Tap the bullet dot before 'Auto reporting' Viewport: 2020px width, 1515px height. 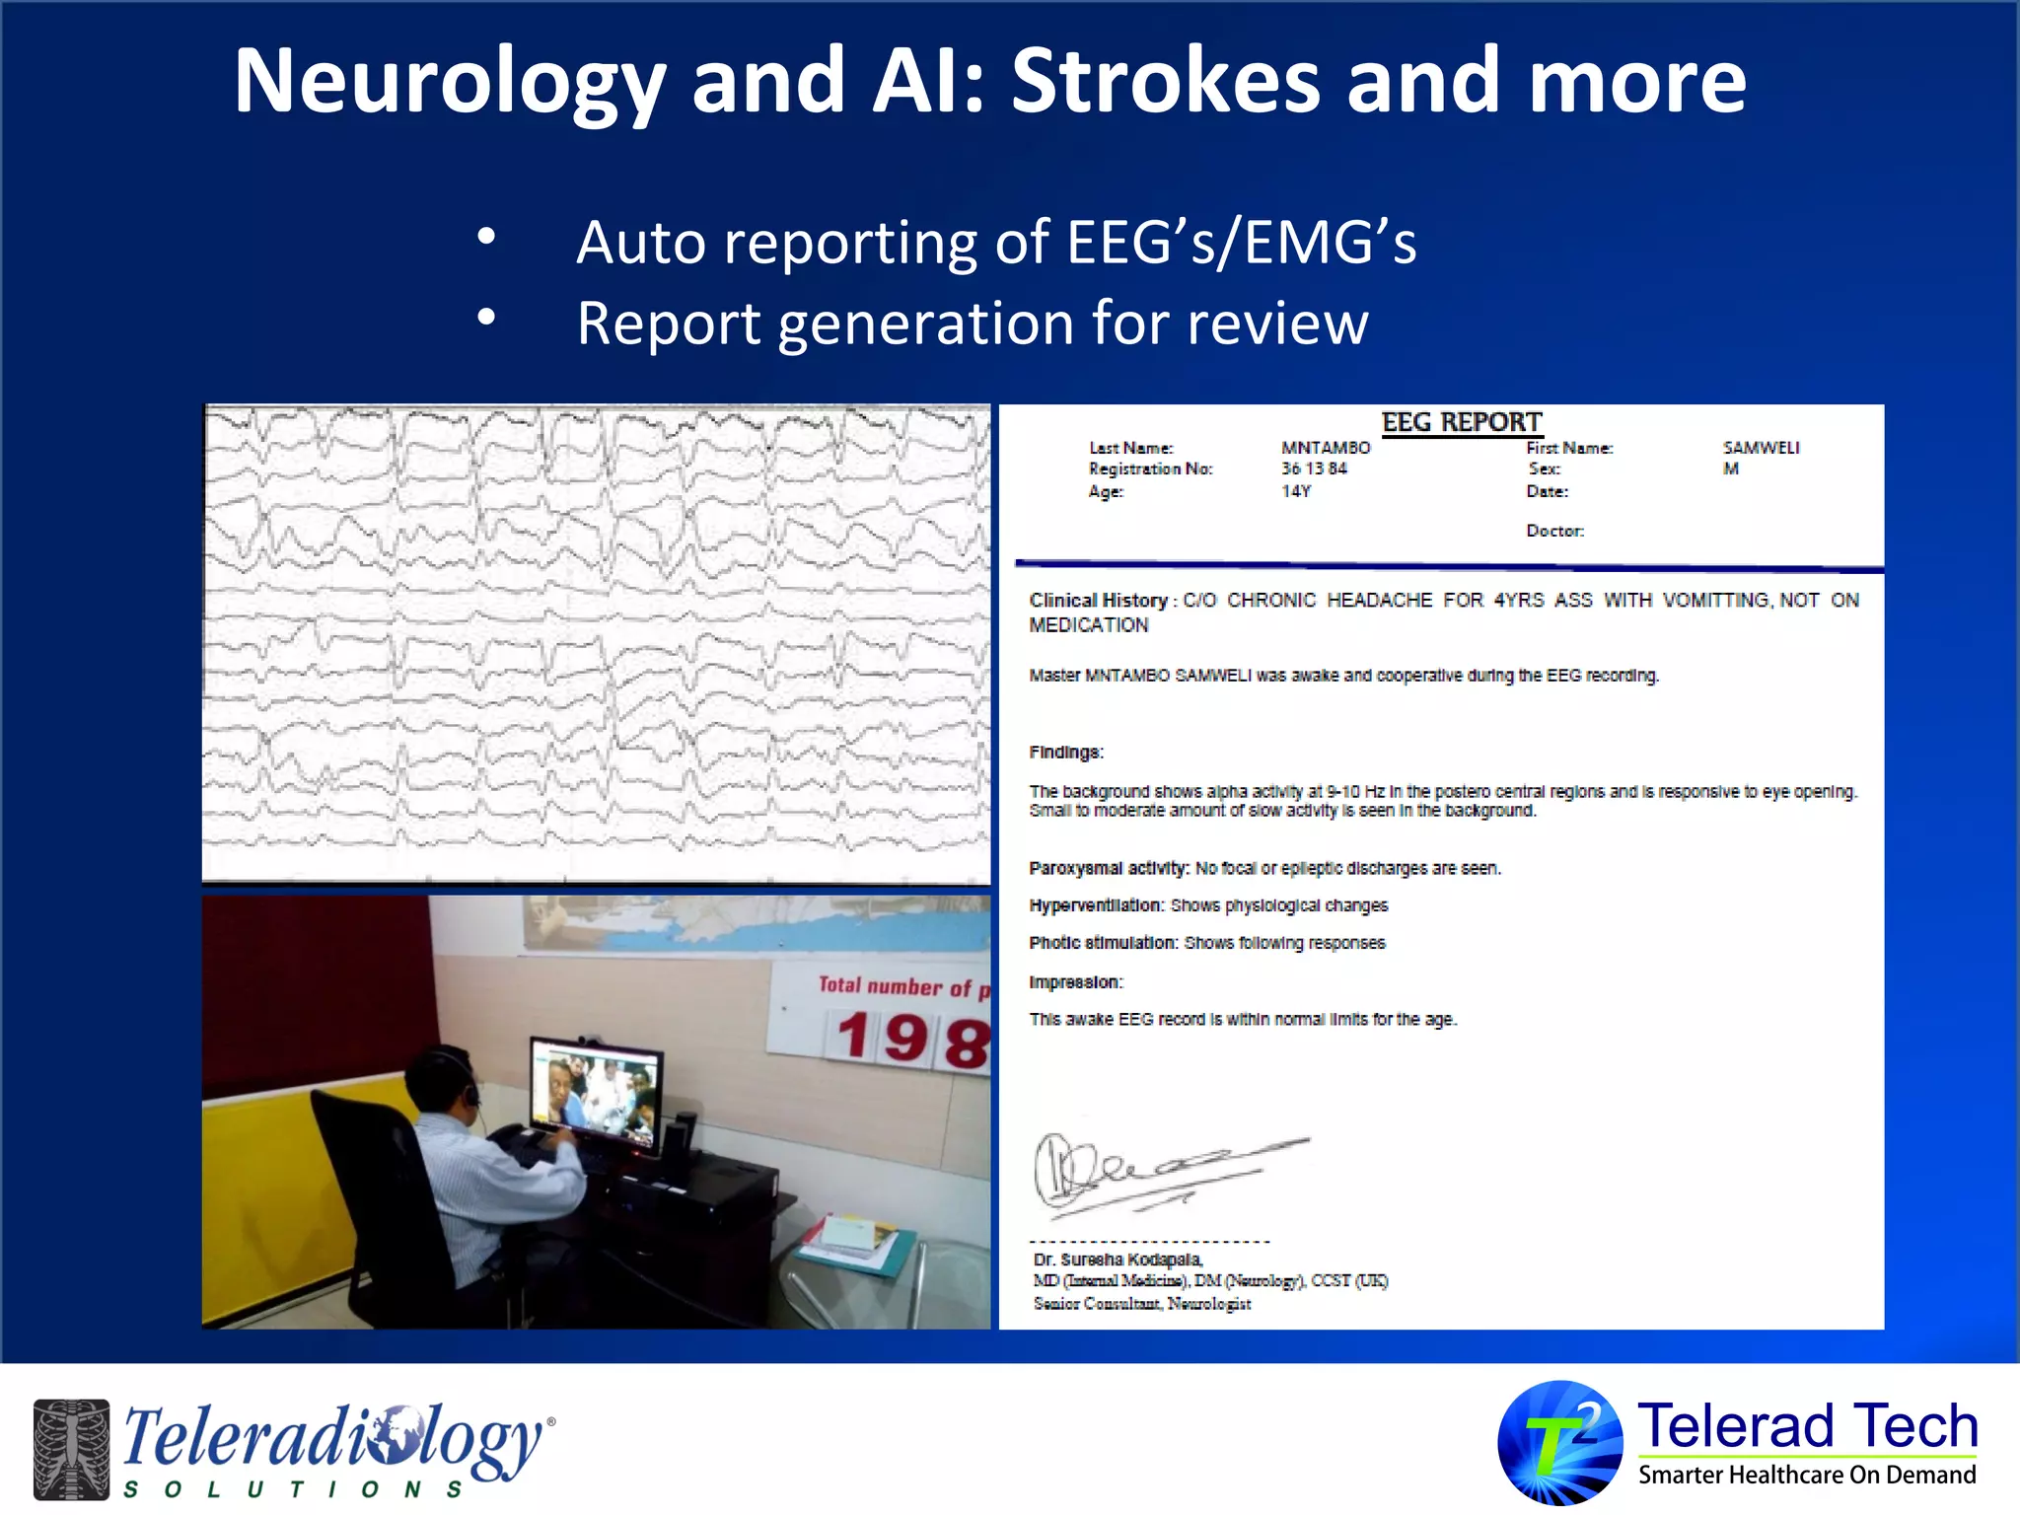click(485, 237)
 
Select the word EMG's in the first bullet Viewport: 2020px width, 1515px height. click(1330, 243)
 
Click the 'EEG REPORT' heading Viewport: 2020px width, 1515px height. click(1461, 422)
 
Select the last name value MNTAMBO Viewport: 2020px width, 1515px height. click(1325, 448)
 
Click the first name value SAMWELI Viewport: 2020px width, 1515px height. click(1761, 448)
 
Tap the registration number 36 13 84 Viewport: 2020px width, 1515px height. click(1313, 469)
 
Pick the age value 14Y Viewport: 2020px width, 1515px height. click(1295, 491)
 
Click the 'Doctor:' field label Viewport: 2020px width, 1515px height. click(1554, 531)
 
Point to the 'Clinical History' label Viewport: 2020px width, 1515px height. click(1098, 601)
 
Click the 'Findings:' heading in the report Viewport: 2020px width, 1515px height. click(1065, 753)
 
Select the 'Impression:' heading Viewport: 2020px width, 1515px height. click(1075, 982)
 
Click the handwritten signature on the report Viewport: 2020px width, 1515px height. click(1154, 1172)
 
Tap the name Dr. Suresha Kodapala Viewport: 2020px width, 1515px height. click(1117, 1260)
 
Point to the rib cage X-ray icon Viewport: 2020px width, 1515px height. click(71, 1448)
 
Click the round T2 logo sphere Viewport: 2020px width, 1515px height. click(1559, 1442)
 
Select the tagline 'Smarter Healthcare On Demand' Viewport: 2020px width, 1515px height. click(1807, 1475)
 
